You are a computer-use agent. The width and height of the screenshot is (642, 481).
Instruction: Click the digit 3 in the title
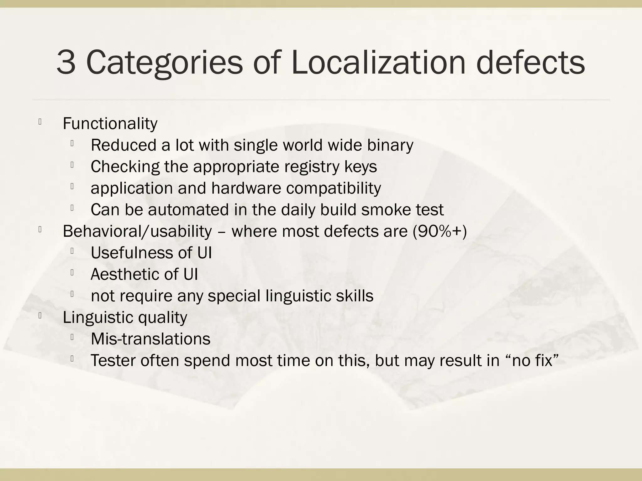pos(66,63)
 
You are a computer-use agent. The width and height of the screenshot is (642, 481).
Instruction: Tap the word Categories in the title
pos(164,63)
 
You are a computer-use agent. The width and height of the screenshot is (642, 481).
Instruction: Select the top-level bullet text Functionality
pos(110,124)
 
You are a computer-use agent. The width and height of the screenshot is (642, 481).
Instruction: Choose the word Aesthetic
pos(128,274)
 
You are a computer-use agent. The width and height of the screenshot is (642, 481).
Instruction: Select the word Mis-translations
pos(150,339)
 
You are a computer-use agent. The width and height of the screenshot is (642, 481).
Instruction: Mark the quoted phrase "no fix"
pos(533,360)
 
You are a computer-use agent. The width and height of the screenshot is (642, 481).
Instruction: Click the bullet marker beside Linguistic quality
pos(40,316)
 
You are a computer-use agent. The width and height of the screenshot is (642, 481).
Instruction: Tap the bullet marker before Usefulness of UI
pos(72,251)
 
